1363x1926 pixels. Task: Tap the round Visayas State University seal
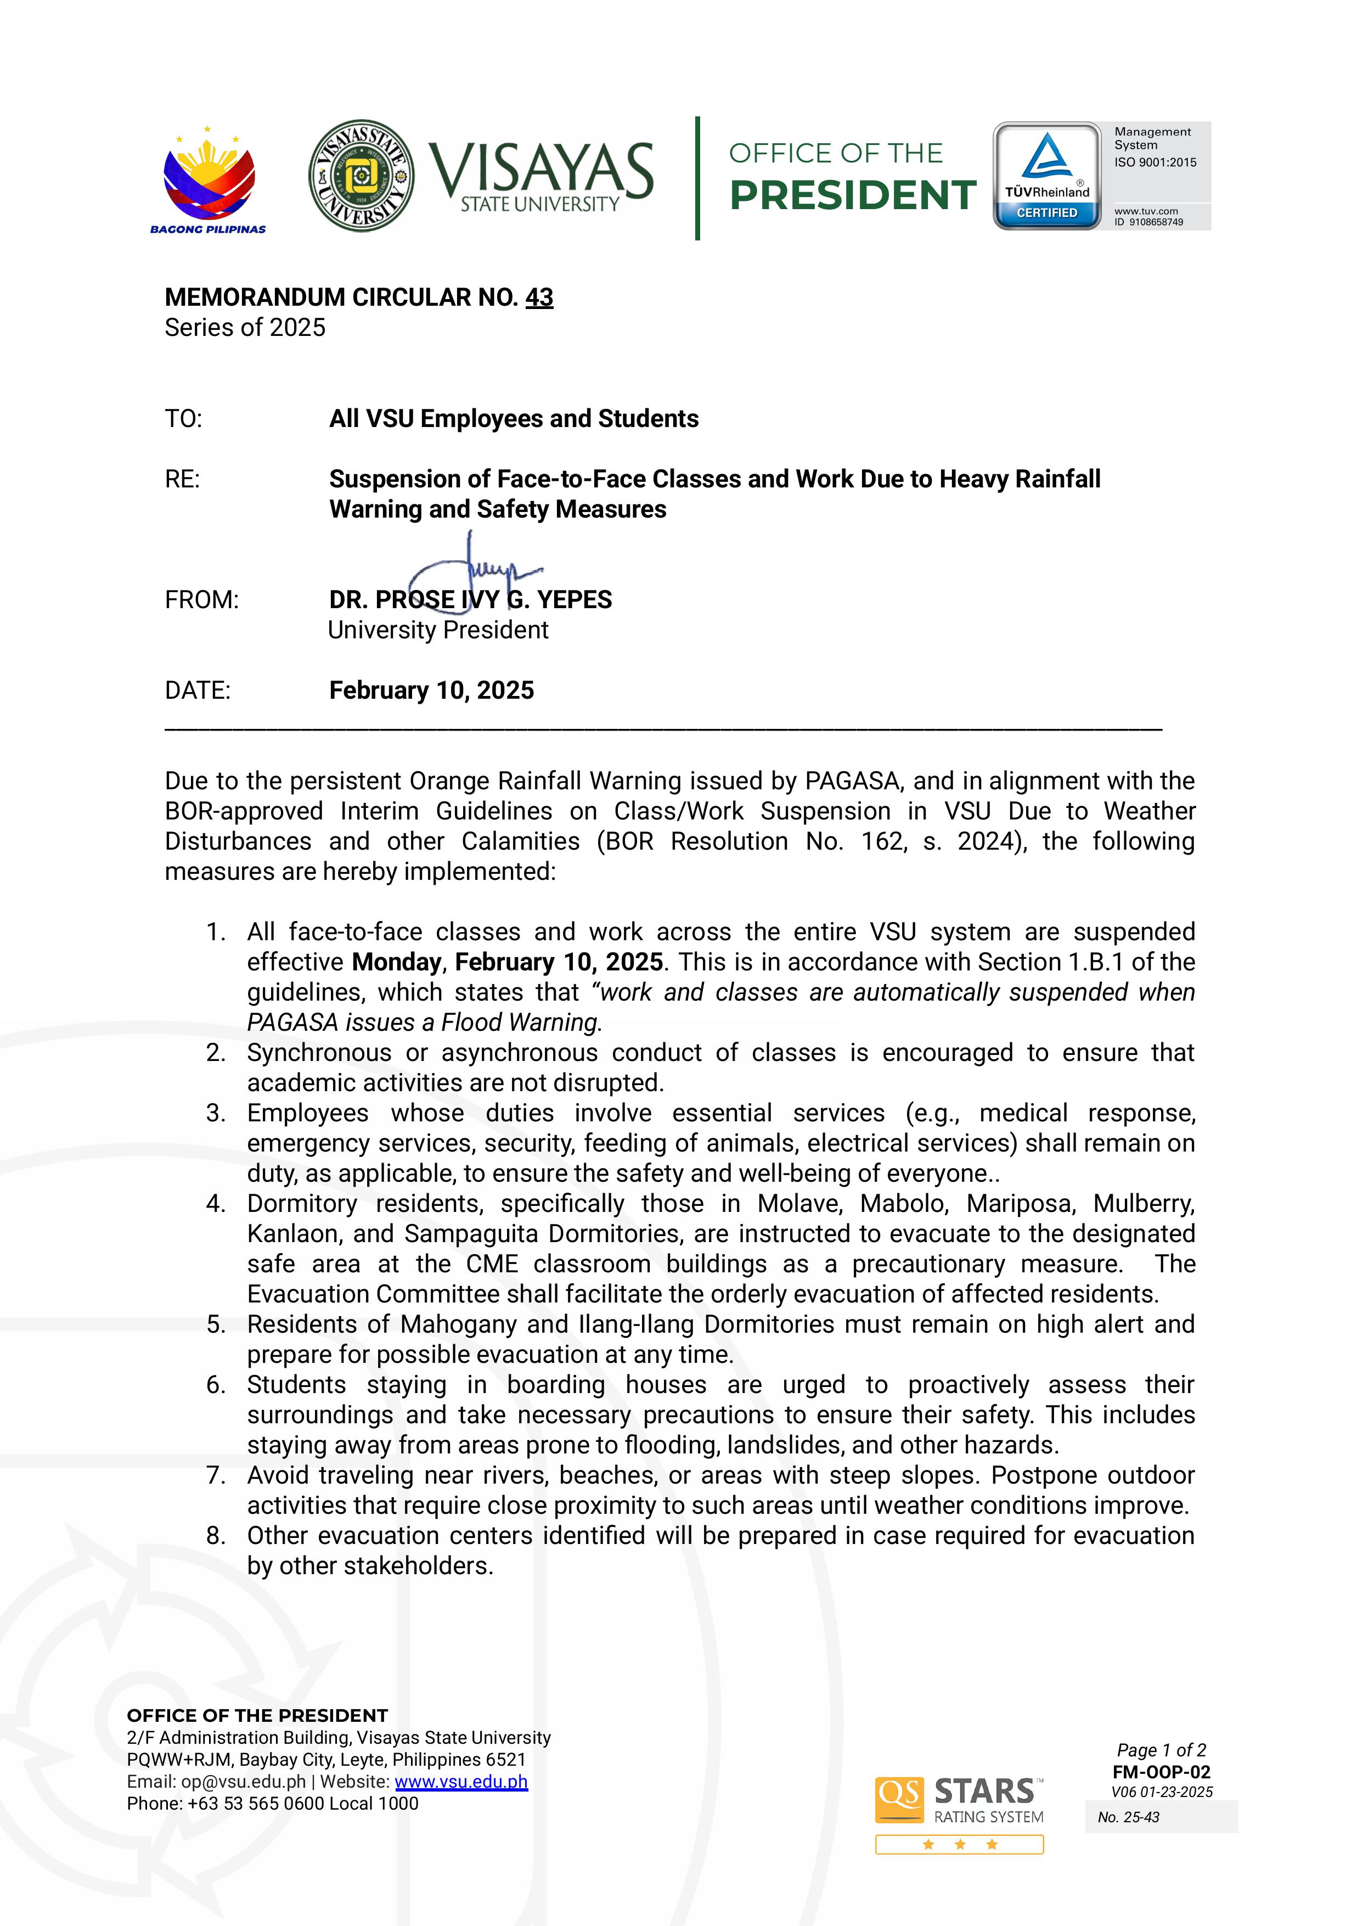tap(361, 176)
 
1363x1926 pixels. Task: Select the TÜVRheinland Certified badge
tap(1046, 176)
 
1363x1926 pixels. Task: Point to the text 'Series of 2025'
tap(245, 328)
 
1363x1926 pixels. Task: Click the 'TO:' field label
tap(183, 418)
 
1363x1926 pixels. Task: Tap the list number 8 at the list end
tap(216, 1536)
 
